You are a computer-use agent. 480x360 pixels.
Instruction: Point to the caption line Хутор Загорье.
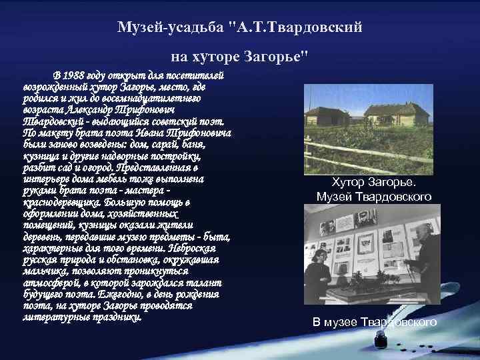pos(373,182)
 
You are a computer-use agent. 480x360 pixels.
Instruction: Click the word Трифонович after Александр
pos(143,109)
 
